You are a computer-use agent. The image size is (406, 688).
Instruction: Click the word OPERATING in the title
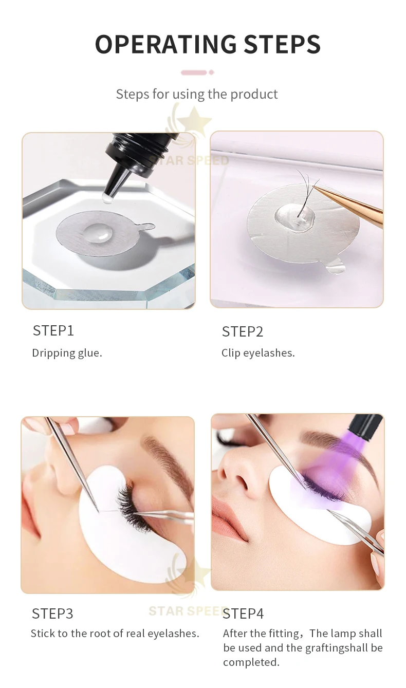166,44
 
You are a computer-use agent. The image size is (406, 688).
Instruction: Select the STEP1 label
53,331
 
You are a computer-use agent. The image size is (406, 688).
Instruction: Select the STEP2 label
242,332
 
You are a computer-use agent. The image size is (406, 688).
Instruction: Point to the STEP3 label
52,613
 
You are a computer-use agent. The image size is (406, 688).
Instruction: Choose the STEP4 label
243,613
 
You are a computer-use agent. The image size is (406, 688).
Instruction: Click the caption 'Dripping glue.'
67,353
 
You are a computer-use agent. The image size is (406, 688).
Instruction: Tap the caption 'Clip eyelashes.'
258,353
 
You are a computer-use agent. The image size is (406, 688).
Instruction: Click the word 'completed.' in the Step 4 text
251,662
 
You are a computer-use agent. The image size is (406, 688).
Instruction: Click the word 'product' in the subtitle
254,95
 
